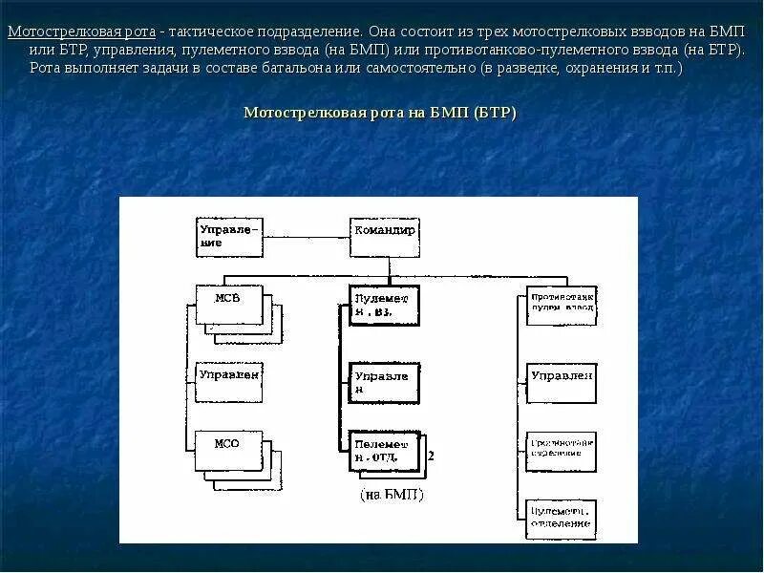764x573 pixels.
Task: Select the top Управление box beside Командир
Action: point(228,237)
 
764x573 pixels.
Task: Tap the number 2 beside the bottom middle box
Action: point(432,456)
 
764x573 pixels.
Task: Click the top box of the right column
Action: point(562,305)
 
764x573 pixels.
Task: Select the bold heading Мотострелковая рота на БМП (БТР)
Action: point(380,113)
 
